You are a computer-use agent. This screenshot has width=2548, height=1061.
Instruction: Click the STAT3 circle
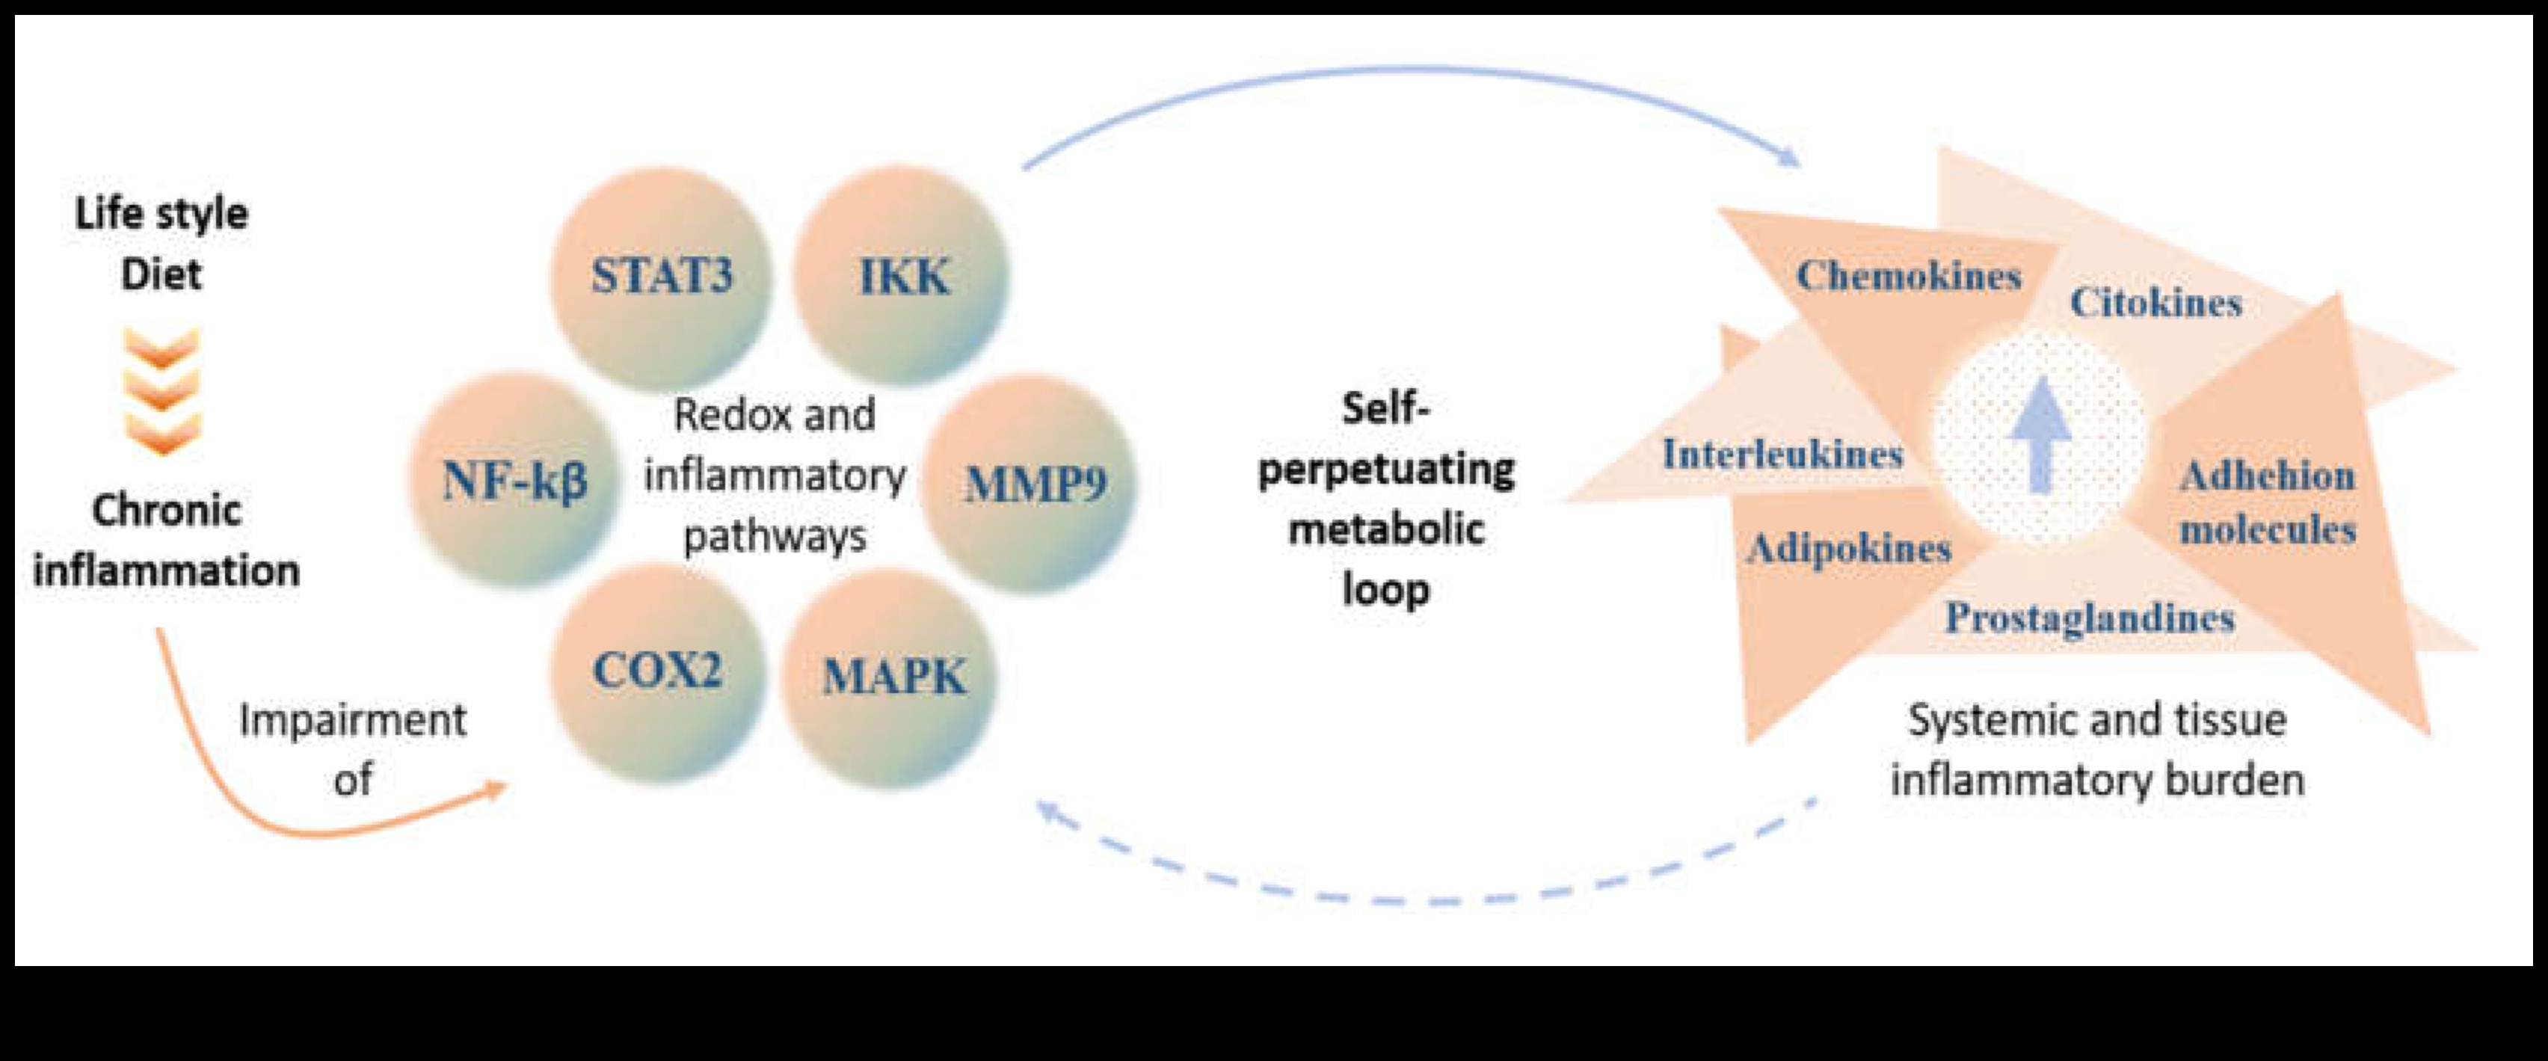(x=661, y=276)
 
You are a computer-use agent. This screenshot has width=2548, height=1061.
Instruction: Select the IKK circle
(x=903, y=276)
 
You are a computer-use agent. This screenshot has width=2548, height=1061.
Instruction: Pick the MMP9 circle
(x=1035, y=485)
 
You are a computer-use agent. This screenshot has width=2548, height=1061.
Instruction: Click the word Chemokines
(x=1909, y=276)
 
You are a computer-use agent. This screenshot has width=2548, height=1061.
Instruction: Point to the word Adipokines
(x=1847, y=548)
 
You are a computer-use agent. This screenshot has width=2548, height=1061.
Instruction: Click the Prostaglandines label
(x=2090, y=618)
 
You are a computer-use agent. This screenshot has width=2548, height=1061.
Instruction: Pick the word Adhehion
(x=2267, y=476)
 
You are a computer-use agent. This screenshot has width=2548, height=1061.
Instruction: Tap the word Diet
(x=161, y=274)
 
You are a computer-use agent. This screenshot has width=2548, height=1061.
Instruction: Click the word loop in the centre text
(x=1385, y=589)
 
